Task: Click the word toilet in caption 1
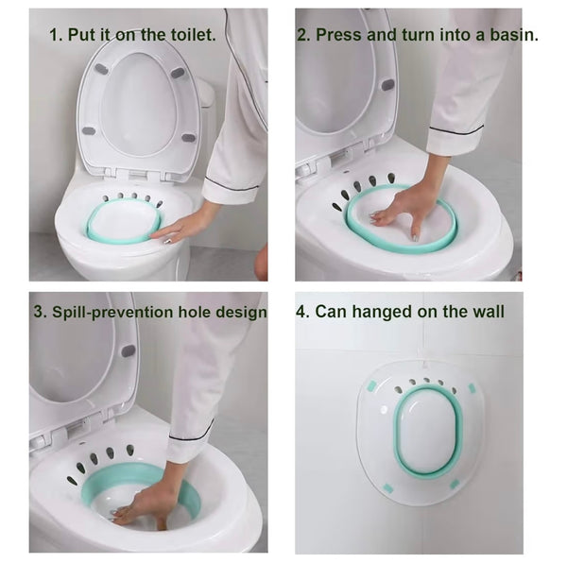[189, 34]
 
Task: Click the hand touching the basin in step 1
[180, 227]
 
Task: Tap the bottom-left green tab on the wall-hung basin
[387, 488]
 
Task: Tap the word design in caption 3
[238, 311]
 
